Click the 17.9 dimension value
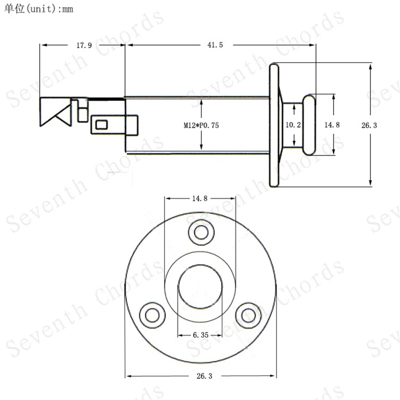pos(84,45)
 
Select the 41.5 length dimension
pos(215,45)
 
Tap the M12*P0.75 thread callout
pos(201,125)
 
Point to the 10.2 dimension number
pos(293,124)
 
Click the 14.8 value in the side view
pos(332,124)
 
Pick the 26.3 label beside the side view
pos(369,125)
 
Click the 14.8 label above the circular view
pos(199,198)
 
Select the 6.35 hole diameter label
pos(201,334)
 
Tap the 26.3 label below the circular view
pos(204,376)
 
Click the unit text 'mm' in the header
pos(67,9)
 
